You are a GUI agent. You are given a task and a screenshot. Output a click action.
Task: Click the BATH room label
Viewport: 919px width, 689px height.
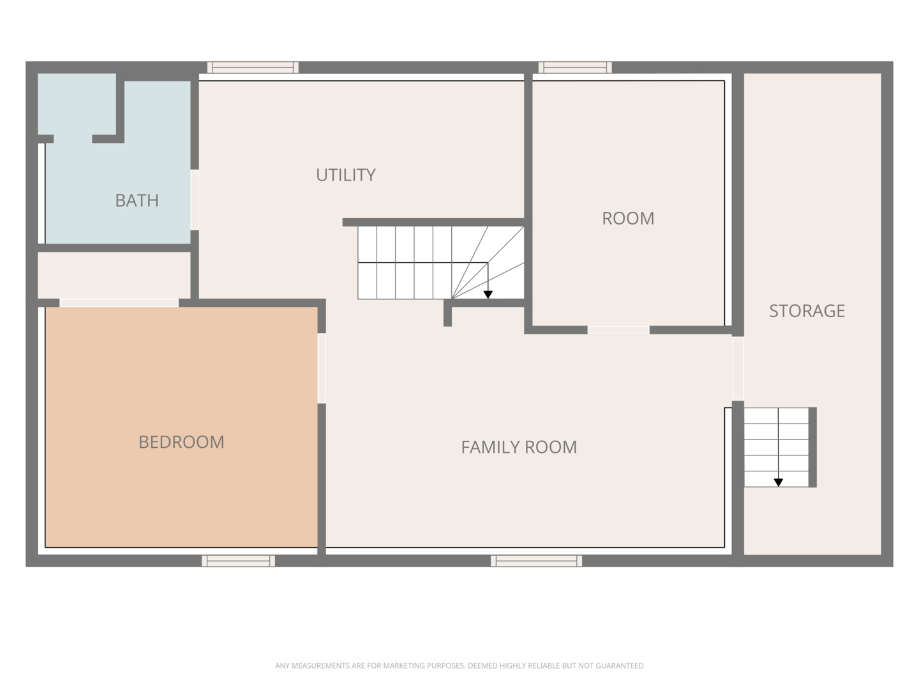click(x=137, y=200)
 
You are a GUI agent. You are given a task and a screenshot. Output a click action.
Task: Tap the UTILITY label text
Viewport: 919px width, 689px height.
click(x=345, y=175)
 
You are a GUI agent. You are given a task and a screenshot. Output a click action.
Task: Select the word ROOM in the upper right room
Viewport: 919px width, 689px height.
click(x=628, y=218)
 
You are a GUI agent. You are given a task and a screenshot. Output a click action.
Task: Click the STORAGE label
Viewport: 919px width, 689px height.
click(x=807, y=311)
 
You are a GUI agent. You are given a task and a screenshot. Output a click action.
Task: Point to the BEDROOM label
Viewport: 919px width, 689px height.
click(x=181, y=442)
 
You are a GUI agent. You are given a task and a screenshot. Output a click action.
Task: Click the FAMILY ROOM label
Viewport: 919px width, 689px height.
click(x=519, y=447)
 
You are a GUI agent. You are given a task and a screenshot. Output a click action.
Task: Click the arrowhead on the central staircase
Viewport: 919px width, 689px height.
click(x=488, y=295)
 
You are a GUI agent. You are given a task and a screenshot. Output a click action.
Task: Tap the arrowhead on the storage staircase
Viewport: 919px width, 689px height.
click(x=779, y=483)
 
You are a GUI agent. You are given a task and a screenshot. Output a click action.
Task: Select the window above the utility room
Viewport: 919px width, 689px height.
click(x=253, y=67)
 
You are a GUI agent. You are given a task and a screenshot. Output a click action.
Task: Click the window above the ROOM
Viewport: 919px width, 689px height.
click(x=575, y=67)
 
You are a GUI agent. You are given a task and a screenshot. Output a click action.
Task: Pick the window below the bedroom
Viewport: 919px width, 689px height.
click(x=238, y=561)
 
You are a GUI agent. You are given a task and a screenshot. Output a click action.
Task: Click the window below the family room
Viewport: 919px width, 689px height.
click(x=536, y=561)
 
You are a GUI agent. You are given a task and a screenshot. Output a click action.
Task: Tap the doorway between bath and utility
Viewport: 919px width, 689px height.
click(x=195, y=199)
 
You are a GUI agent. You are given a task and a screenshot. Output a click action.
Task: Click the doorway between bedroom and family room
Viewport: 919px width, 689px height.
click(x=322, y=368)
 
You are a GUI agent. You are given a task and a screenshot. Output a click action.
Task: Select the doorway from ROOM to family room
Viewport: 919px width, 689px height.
click(x=618, y=330)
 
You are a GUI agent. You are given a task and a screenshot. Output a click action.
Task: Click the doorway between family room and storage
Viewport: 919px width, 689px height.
click(x=738, y=368)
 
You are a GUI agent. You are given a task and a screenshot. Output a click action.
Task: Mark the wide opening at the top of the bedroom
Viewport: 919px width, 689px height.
click(x=119, y=303)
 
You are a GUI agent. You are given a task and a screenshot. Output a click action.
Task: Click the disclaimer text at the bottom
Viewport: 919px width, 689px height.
click(x=459, y=665)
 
